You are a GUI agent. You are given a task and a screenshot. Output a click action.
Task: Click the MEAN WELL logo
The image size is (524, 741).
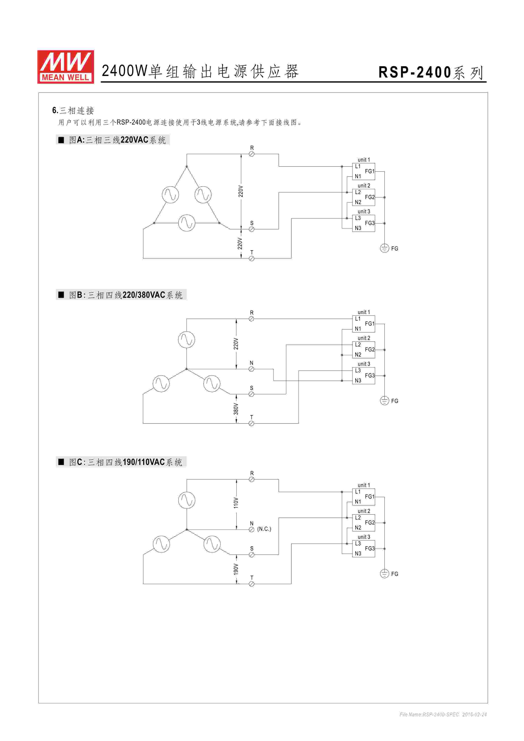(x=66, y=67)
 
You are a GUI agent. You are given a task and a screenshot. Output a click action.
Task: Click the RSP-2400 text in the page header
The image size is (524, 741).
(x=415, y=72)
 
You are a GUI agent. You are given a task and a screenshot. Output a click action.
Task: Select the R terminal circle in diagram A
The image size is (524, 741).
(x=252, y=154)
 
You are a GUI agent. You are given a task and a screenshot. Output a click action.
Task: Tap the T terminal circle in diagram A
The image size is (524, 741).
(x=252, y=259)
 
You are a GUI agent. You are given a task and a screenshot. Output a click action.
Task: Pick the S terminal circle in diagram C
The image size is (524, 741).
(x=252, y=555)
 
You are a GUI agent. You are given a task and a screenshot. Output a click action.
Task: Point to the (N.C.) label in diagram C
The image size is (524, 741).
(x=264, y=529)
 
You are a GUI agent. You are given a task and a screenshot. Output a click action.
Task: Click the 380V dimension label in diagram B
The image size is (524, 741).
(x=236, y=409)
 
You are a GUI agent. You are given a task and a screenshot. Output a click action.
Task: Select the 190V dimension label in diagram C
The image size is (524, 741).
(x=236, y=569)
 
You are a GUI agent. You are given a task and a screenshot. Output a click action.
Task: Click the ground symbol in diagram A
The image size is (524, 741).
(x=384, y=248)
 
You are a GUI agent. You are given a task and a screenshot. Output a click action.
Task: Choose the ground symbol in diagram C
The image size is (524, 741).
(x=384, y=574)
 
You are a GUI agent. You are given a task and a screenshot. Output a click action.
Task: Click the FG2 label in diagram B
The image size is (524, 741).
(x=370, y=350)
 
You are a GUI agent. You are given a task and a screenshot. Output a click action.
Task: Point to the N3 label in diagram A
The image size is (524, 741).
(x=358, y=228)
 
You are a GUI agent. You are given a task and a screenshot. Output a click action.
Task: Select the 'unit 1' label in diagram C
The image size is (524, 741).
(x=364, y=485)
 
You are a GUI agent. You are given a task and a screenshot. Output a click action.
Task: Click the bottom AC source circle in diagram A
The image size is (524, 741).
(x=187, y=223)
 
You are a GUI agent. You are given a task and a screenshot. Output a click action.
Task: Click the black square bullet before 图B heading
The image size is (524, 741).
(x=61, y=295)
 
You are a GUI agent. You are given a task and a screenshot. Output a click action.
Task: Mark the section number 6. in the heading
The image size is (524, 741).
(x=55, y=110)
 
